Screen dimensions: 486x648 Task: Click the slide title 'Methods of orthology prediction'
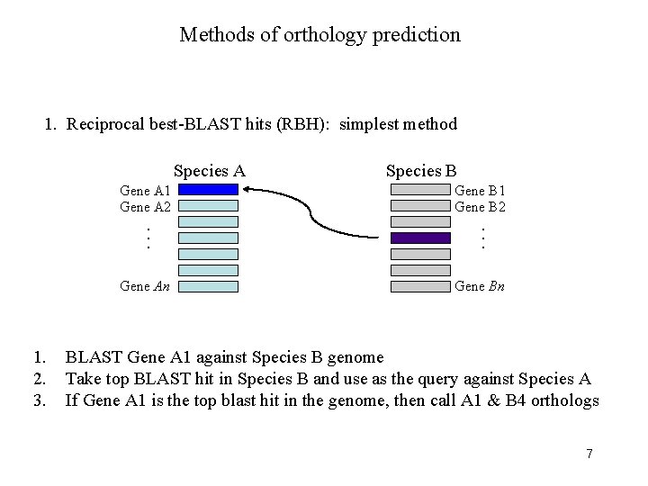pyautogui.click(x=319, y=35)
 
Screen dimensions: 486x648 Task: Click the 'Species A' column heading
pyautogui.click(x=209, y=171)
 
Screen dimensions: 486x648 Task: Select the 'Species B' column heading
pyautogui.click(x=420, y=171)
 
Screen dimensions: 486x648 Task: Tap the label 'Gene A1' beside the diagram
pyautogui.click(x=147, y=190)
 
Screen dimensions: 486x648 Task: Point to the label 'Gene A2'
pyautogui.click(x=147, y=206)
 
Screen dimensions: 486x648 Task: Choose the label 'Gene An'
pyautogui.click(x=147, y=286)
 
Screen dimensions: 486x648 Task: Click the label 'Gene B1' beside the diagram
pyautogui.click(x=480, y=190)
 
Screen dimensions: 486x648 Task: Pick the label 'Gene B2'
pyautogui.click(x=480, y=206)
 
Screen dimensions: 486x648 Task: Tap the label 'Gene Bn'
pyautogui.click(x=480, y=286)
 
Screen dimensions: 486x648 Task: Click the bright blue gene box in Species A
pyautogui.click(x=208, y=190)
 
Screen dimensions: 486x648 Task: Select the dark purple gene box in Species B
pyautogui.click(x=420, y=238)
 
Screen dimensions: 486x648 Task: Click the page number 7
pyautogui.click(x=589, y=453)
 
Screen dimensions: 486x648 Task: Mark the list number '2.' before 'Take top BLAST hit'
pyautogui.click(x=38, y=379)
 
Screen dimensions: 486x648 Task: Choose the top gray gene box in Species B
pyautogui.click(x=420, y=190)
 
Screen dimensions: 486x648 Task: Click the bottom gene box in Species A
pyautogui.click(x=208, y=286)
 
